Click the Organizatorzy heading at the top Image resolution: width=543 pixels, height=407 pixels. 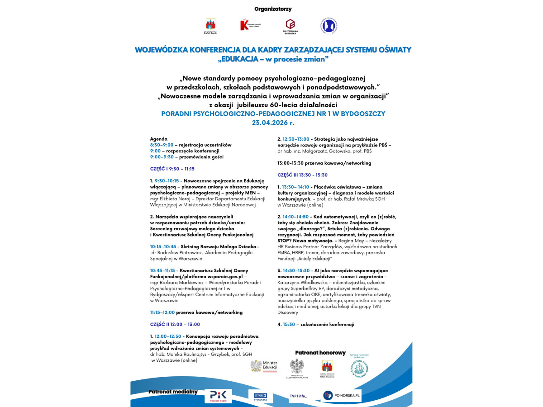click(273, 9)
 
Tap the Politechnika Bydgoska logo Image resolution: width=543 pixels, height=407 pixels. click(290, 27)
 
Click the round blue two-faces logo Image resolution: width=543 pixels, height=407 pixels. click(329, 25)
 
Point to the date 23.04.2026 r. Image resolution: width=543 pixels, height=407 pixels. click(273, 122)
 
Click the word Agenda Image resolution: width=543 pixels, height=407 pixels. click(158, 139)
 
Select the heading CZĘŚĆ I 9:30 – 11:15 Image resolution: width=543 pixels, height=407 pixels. click(172, 169)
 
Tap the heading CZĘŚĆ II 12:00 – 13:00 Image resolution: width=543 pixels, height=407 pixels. click(175, 324)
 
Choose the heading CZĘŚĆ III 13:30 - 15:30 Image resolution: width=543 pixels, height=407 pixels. click(302, 175)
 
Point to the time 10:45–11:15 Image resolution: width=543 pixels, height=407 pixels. click(162, 270)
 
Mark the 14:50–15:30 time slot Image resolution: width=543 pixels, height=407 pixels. click(296, 270)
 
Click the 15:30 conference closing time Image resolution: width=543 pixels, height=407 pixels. click(288, 324)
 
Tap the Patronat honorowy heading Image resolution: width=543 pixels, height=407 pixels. click(320, 353)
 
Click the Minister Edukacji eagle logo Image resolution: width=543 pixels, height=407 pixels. click(264, 366)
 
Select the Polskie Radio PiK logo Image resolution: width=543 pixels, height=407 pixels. click(218, 396)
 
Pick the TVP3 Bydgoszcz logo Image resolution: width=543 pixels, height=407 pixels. click(261, 396)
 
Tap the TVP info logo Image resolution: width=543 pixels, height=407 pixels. click(298, 396)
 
